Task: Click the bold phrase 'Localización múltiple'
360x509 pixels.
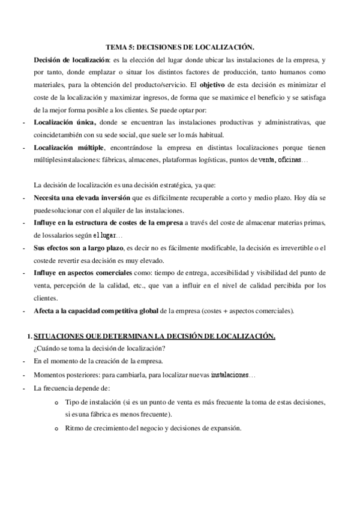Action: click(x=69, y=148)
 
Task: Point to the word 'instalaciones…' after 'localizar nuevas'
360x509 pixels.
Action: click(x=233, y=375)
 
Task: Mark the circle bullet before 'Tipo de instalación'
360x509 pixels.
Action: click(x=56, y=402)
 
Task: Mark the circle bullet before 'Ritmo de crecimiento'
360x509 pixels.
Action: click(x=56, y=429)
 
